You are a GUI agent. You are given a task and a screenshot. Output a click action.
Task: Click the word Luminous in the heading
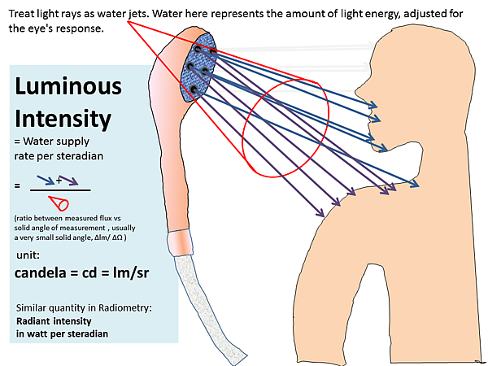[x=68, y=86]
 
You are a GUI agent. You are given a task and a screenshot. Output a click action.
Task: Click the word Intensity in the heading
[x=63, y=119]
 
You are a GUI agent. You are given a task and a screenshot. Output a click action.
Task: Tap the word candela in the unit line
[x=41, y=273]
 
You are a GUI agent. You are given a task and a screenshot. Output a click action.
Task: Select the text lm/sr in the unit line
[x=131, y=273]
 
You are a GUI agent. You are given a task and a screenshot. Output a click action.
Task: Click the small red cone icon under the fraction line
[x=59, y=203]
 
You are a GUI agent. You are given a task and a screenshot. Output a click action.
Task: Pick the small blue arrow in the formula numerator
[x=46, y=181]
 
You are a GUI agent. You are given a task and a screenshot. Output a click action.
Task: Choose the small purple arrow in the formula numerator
[x=68, y=181]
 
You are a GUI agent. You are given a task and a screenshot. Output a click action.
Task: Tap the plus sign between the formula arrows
[x=59, y=180]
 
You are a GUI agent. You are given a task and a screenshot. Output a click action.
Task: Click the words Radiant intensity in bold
[x=54, y=321]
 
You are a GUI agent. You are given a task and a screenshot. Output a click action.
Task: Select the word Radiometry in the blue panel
[x=125, y=307]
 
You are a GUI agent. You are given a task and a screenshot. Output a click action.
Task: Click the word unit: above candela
[x=28, y=255]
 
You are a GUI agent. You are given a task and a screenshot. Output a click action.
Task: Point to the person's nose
[x=361, y=92]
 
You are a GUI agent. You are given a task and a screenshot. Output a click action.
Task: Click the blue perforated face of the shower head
[x=198, y=68]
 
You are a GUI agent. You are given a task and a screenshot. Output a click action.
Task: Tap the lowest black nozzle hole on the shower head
[x=194, y=90]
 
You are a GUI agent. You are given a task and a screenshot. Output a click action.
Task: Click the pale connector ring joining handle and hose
[x=180, y=242]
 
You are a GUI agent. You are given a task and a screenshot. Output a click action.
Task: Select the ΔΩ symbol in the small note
[x=116, y=237]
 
